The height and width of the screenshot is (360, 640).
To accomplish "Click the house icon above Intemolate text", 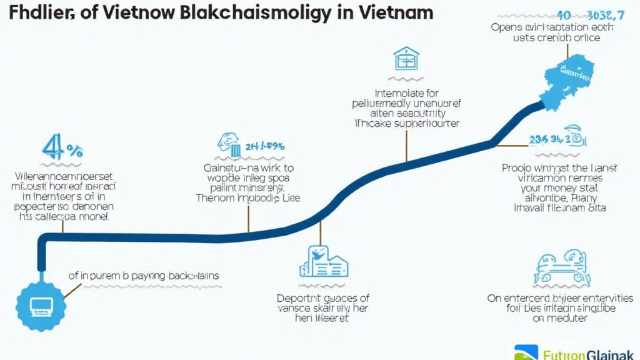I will point(406,59).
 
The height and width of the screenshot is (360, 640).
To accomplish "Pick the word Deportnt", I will point(299,298).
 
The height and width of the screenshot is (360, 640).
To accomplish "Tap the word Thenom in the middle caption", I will point(216,198).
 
